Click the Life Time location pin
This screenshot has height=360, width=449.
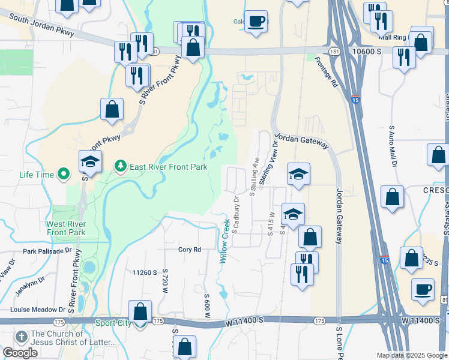pyautogui.click(x=62, y=175)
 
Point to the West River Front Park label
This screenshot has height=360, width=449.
pyautogui.click(x=66, y=228)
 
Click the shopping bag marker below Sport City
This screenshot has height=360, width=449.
pyautogui.click(x=184, y=346)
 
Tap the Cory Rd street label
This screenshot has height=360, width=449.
pyautogui.click(x=188, y=250)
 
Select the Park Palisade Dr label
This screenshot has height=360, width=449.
pyautogui.click(x=47, y=252)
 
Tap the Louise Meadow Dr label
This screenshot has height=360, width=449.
pyautogui.click(x=35, y=310)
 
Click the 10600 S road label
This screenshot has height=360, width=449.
pyautogui.click(x=367, y=52)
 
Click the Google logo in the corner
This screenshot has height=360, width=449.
pyautogui.click(x=20, y=353)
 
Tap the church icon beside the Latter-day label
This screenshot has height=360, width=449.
pyautogui.click(x=22, y=337)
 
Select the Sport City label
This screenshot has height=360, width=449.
pyautogui.click(x=112, y=323)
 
